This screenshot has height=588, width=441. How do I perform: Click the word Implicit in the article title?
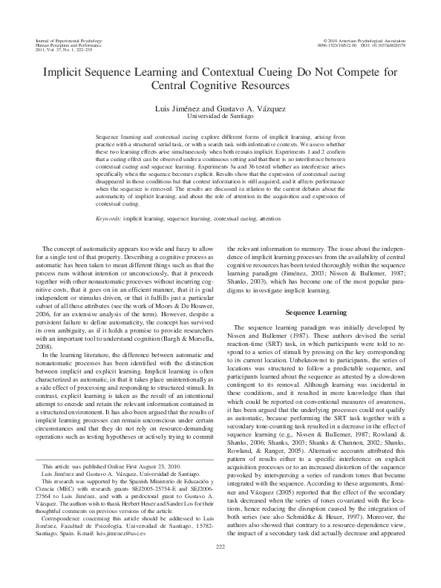tap(65, 72)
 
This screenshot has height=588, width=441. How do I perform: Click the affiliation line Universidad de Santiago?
tap(220, 117)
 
